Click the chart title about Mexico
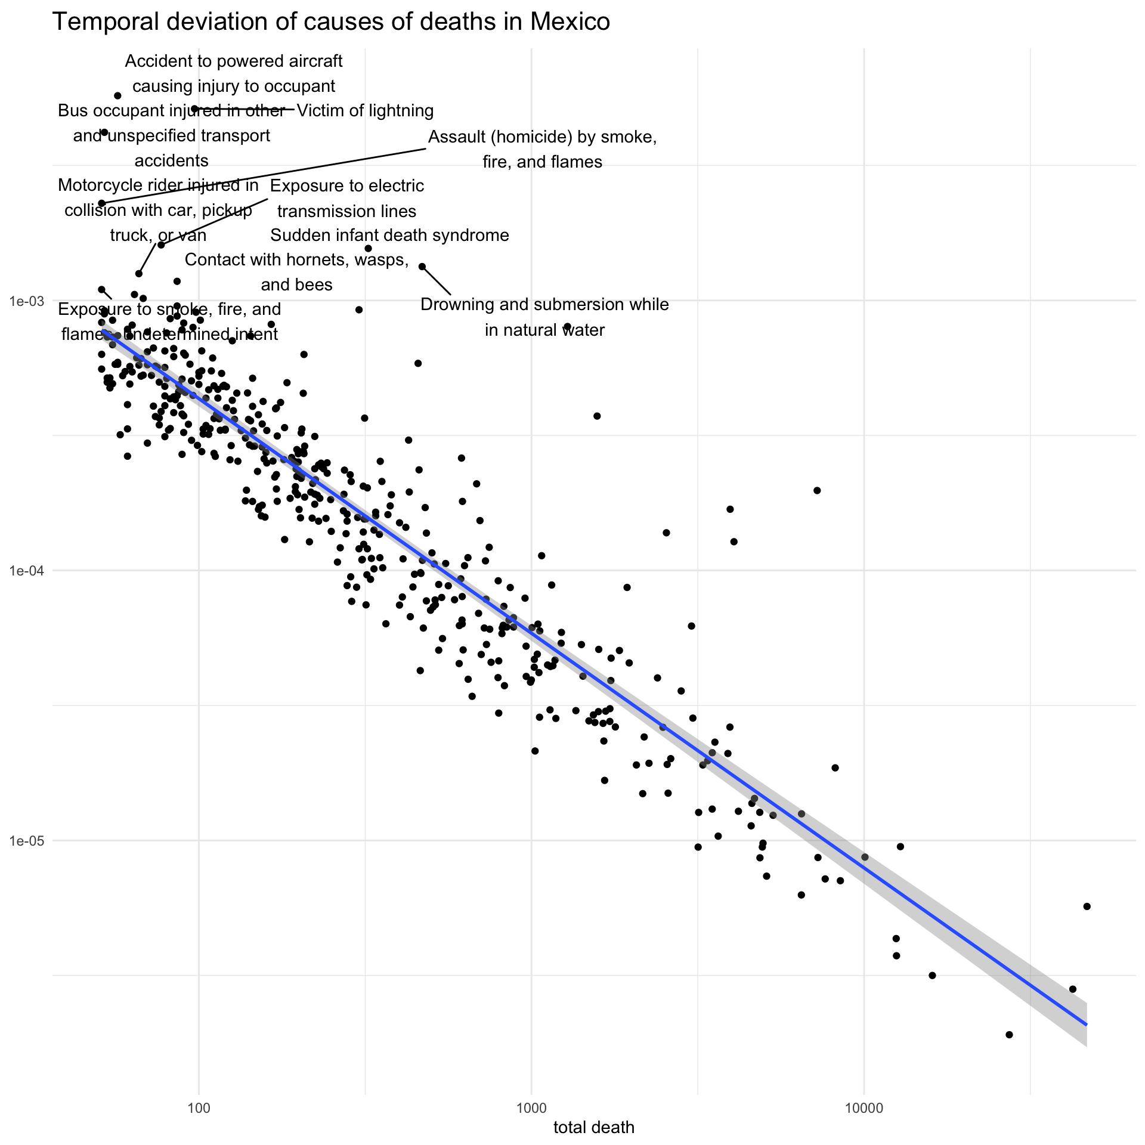tap(331, 22)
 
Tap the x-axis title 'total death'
tap(593, 1127)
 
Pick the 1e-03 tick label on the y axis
tap(27, 301)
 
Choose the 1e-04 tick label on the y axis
tap(27, 571)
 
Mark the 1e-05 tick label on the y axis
tap(27, 841)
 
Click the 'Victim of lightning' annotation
tap(365, 111)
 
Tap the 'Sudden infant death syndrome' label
tap(389, 236)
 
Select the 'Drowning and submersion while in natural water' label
tap(544, 317)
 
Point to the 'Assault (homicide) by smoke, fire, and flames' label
tap(542, 150)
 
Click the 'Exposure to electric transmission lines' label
tap(347, 199)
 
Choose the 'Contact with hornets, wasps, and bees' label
tap(296, 272)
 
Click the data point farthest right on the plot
tap(1087, 906)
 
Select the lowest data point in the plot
tap(1009, 1035)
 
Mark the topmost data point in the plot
tap(117, 95)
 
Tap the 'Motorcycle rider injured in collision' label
tap(158, 211)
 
